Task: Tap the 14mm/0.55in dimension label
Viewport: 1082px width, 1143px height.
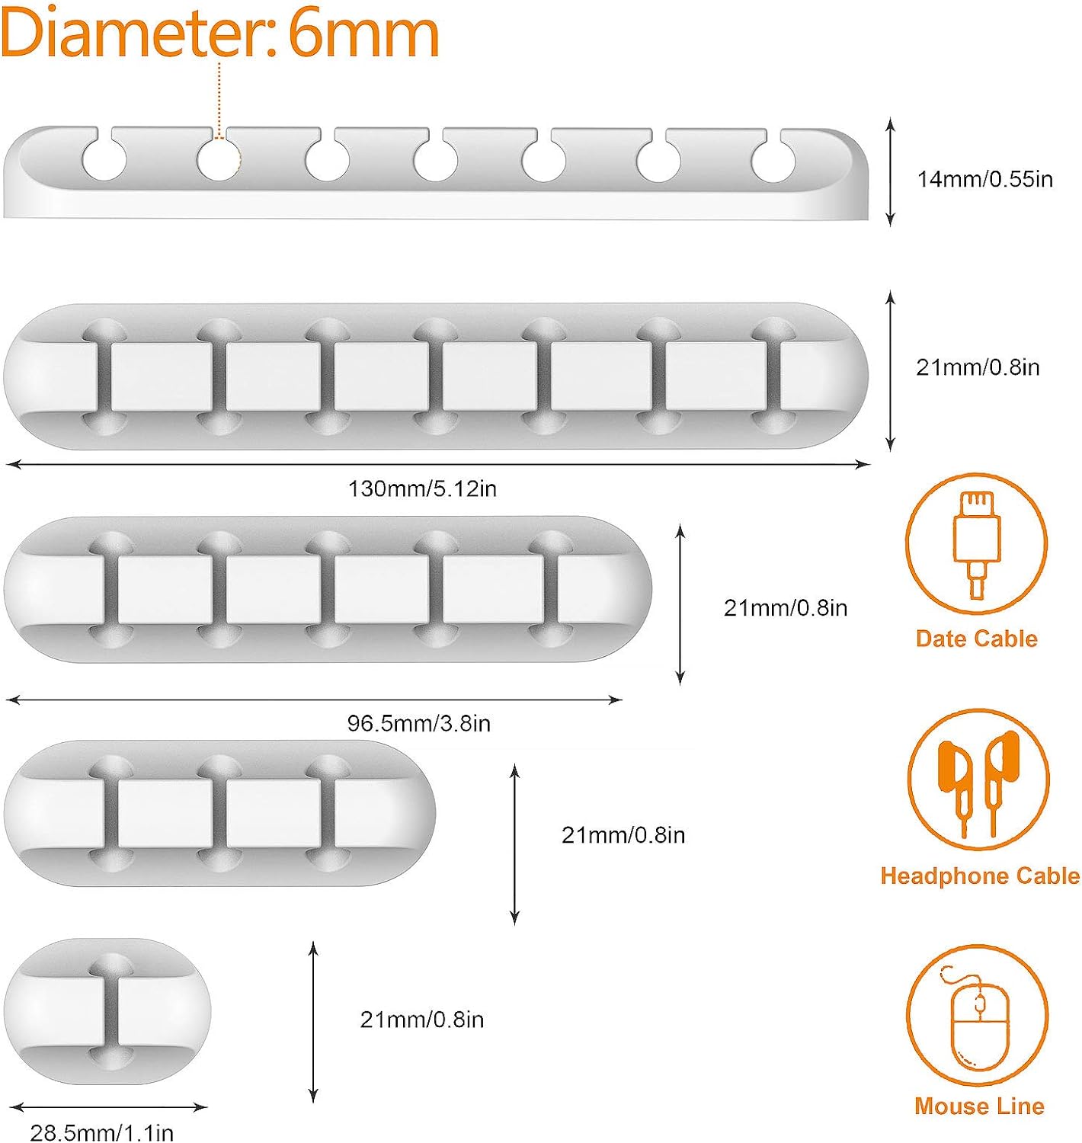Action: tap(984, 179)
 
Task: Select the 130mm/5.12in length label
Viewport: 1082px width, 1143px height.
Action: tap(422, 488)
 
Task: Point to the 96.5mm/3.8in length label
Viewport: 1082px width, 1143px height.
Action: tap(418, 722)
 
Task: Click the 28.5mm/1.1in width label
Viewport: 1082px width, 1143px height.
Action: tap(101, 1132)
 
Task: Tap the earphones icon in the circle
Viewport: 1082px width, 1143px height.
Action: tap(978, 780)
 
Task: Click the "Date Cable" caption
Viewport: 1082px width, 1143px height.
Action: tap(976, 639)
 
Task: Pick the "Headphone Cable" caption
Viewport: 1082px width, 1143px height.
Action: tap(980, 876)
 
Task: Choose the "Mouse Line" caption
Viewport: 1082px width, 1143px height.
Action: tap(979, 1106)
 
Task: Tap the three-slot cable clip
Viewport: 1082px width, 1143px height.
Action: tap(219, 812)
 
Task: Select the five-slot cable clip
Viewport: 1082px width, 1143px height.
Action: tap(328, 589)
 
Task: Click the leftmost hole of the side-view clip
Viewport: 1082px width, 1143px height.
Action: tap(104, 160)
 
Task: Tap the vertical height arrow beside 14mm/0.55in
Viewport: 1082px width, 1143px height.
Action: tap(890, 172)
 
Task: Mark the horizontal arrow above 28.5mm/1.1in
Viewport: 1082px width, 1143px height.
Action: tap(108, 1107)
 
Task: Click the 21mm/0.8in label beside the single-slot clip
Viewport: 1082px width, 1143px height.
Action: tap(421, 1020)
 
